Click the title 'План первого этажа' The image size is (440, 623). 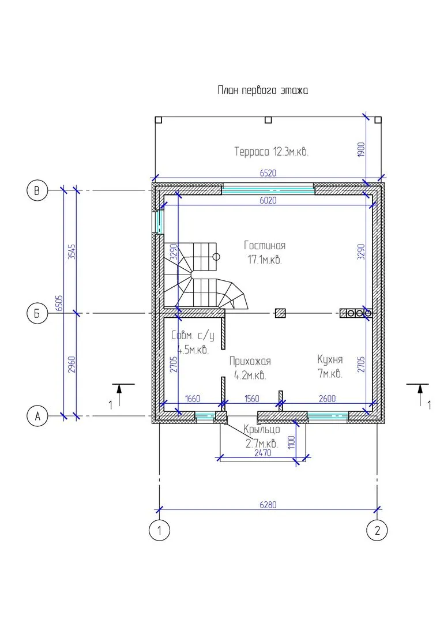coord(263,91)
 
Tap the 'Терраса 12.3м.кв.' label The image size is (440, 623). coord(271,152)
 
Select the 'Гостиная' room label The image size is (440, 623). coord(265,246)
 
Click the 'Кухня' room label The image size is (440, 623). coord(330,359)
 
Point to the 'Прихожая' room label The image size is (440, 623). coord(250,361)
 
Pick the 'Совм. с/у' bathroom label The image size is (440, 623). coord(193,336)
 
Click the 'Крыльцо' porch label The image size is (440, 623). coord(262,430)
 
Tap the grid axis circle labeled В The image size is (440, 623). coord(37,191)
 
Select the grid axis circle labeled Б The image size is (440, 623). coord(37,313)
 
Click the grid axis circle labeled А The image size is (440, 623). coord(37,416)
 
